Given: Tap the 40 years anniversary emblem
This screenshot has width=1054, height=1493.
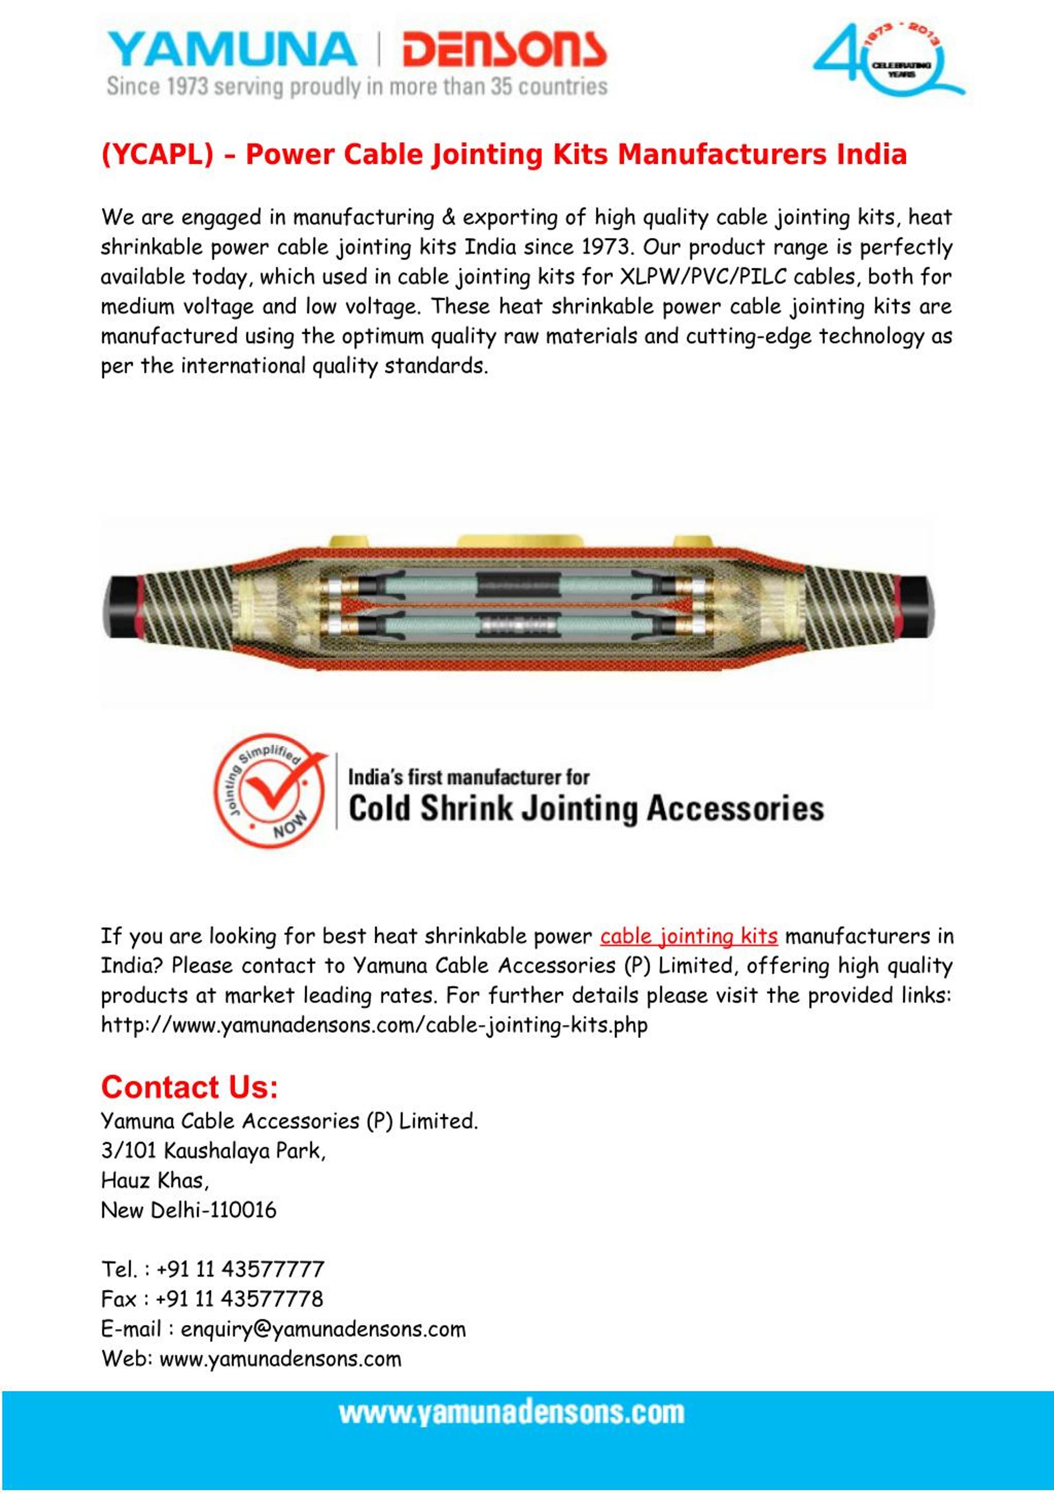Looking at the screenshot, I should [x=887, y=62].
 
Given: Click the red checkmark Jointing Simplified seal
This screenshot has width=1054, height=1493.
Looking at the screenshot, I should [x=270, y=791].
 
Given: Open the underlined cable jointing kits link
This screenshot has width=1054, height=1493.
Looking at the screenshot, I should [x=689, y=936].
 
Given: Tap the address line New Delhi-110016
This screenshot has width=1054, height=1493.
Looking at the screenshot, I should [x=189, y=1210].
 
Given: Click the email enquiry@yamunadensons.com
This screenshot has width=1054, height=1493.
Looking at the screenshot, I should [x=323, y=1329].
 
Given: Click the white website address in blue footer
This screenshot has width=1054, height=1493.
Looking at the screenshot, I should [x=511, y=1413].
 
